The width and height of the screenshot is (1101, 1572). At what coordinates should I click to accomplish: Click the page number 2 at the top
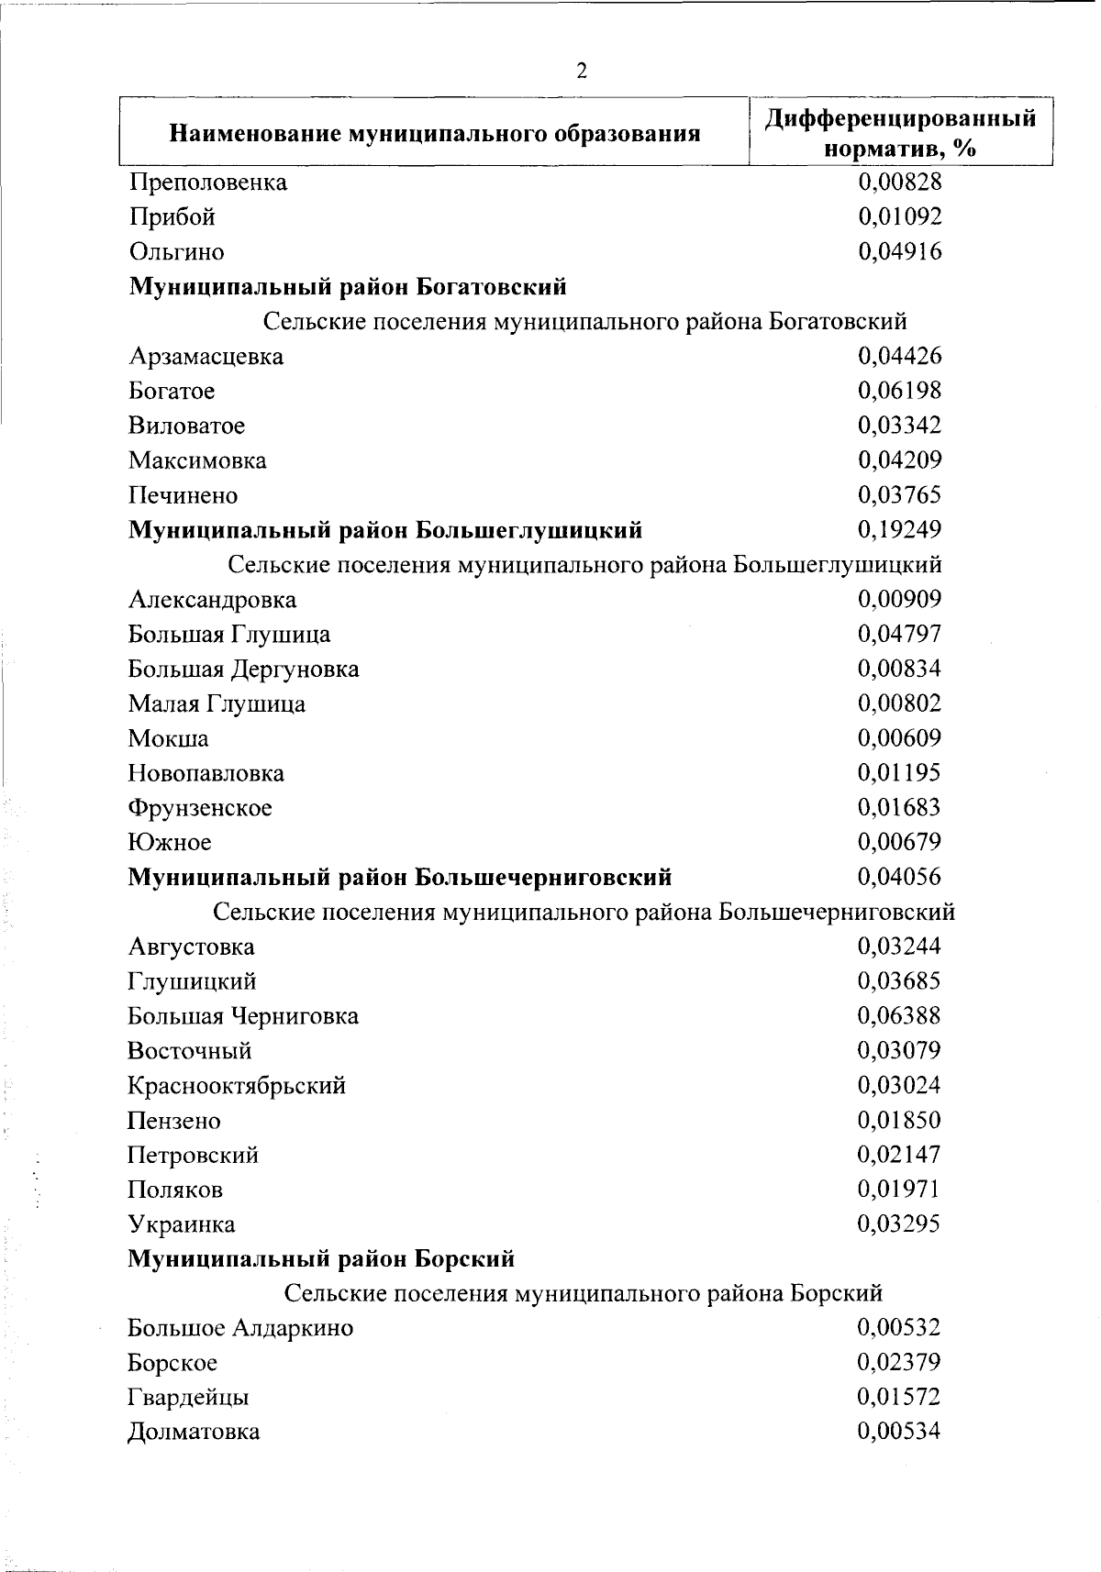[581, 72]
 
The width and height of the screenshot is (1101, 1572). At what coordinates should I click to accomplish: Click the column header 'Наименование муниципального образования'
[435, 135]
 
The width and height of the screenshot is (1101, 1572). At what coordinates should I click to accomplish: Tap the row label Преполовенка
[208, 183]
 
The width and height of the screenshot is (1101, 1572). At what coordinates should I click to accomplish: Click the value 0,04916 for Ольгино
[899, 251]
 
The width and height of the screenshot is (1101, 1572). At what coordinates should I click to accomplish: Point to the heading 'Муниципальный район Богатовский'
[347, 287]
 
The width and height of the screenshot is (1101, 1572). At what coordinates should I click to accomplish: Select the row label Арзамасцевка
[206, 357]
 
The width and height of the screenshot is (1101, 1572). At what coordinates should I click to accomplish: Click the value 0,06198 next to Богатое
[899, 391]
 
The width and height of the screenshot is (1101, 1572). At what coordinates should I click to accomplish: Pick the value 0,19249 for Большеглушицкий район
[899, 530]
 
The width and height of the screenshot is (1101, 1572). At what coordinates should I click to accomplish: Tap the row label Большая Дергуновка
[243, 670]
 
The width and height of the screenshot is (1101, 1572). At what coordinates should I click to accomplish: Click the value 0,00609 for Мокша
[899, 738]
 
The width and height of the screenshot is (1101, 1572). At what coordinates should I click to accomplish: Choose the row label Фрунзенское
[200, 808]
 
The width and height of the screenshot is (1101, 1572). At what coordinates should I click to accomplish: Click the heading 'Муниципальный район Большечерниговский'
[399, 878]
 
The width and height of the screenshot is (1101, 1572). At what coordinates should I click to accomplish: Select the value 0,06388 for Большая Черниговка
[899, 1016]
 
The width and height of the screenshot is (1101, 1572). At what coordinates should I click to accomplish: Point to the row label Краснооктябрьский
[237, 1086]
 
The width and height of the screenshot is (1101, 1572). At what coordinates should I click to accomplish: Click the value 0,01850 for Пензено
[899, 1120]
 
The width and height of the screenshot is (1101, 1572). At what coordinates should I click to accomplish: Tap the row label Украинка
[182, 1225]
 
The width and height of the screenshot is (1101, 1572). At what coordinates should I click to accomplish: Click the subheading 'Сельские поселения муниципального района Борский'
[584, 1294]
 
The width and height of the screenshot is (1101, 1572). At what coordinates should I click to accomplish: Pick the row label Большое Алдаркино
[240, 1329]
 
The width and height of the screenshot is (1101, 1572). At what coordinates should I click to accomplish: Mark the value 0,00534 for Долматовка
[899, 1432]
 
